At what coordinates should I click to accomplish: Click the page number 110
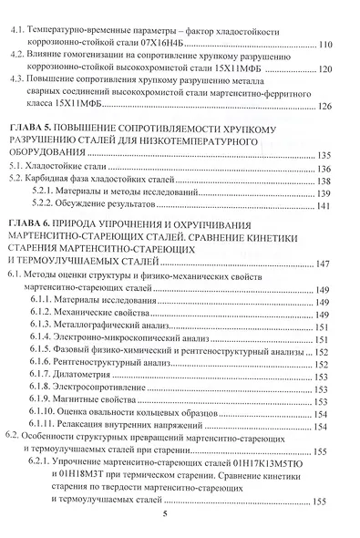329,45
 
